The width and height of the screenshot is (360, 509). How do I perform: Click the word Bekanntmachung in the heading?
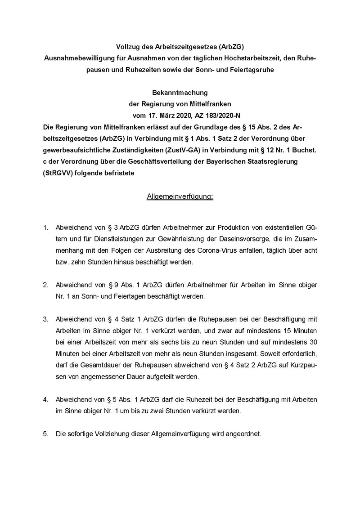click(180, 93)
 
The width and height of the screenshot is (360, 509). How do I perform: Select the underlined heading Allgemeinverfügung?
click(180, 196)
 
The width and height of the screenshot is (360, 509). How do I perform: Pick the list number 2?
click(45, 285)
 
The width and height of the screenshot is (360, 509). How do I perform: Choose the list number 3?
click(45, 320)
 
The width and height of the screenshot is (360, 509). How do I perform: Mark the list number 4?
click(45, 399)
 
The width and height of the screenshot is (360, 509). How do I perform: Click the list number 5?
click(45, 434)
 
